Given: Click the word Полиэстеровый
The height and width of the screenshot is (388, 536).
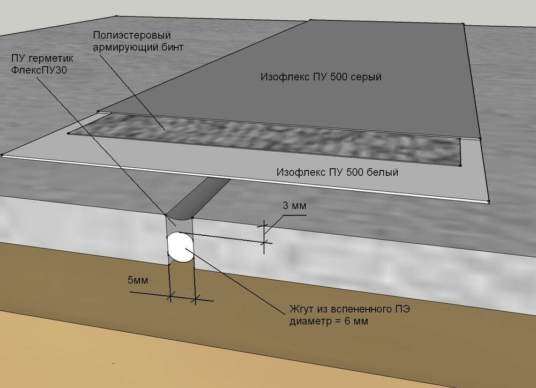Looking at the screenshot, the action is [132, 35].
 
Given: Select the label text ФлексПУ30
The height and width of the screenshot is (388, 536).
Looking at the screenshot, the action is [39, 70].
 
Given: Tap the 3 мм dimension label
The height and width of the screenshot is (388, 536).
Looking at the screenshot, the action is [295, 206].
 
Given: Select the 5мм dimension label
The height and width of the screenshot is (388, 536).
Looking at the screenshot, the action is [138, 280].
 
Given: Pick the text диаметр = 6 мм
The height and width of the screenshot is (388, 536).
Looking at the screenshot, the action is [329, 322].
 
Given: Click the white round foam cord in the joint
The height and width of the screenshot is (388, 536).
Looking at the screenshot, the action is [180, 247].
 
